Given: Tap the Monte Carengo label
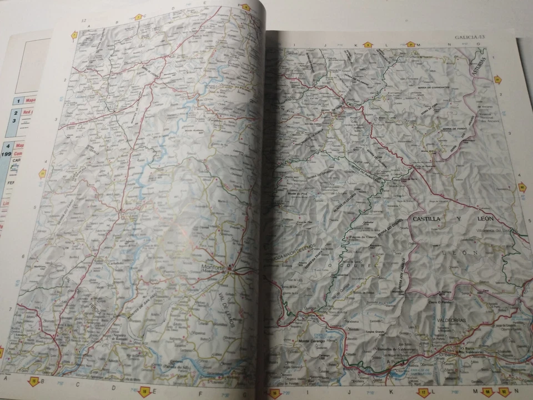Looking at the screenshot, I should point(310,341).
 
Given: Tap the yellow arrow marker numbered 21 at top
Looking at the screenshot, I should point(411,44).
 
